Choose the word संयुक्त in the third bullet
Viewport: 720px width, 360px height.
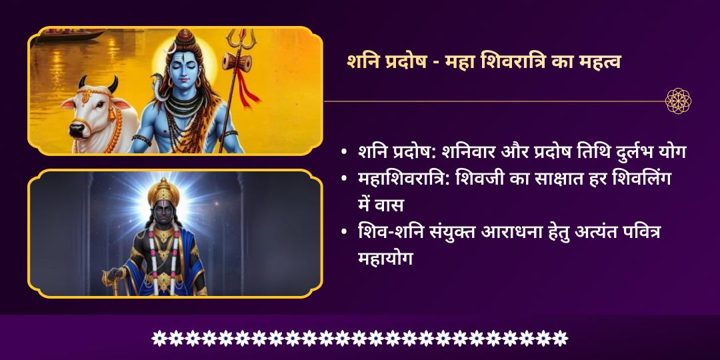[454, 231]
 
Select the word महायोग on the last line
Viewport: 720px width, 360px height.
[386, 257]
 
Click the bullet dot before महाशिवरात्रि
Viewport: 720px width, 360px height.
[343, 179]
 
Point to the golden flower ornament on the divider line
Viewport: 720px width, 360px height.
[678, 101]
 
